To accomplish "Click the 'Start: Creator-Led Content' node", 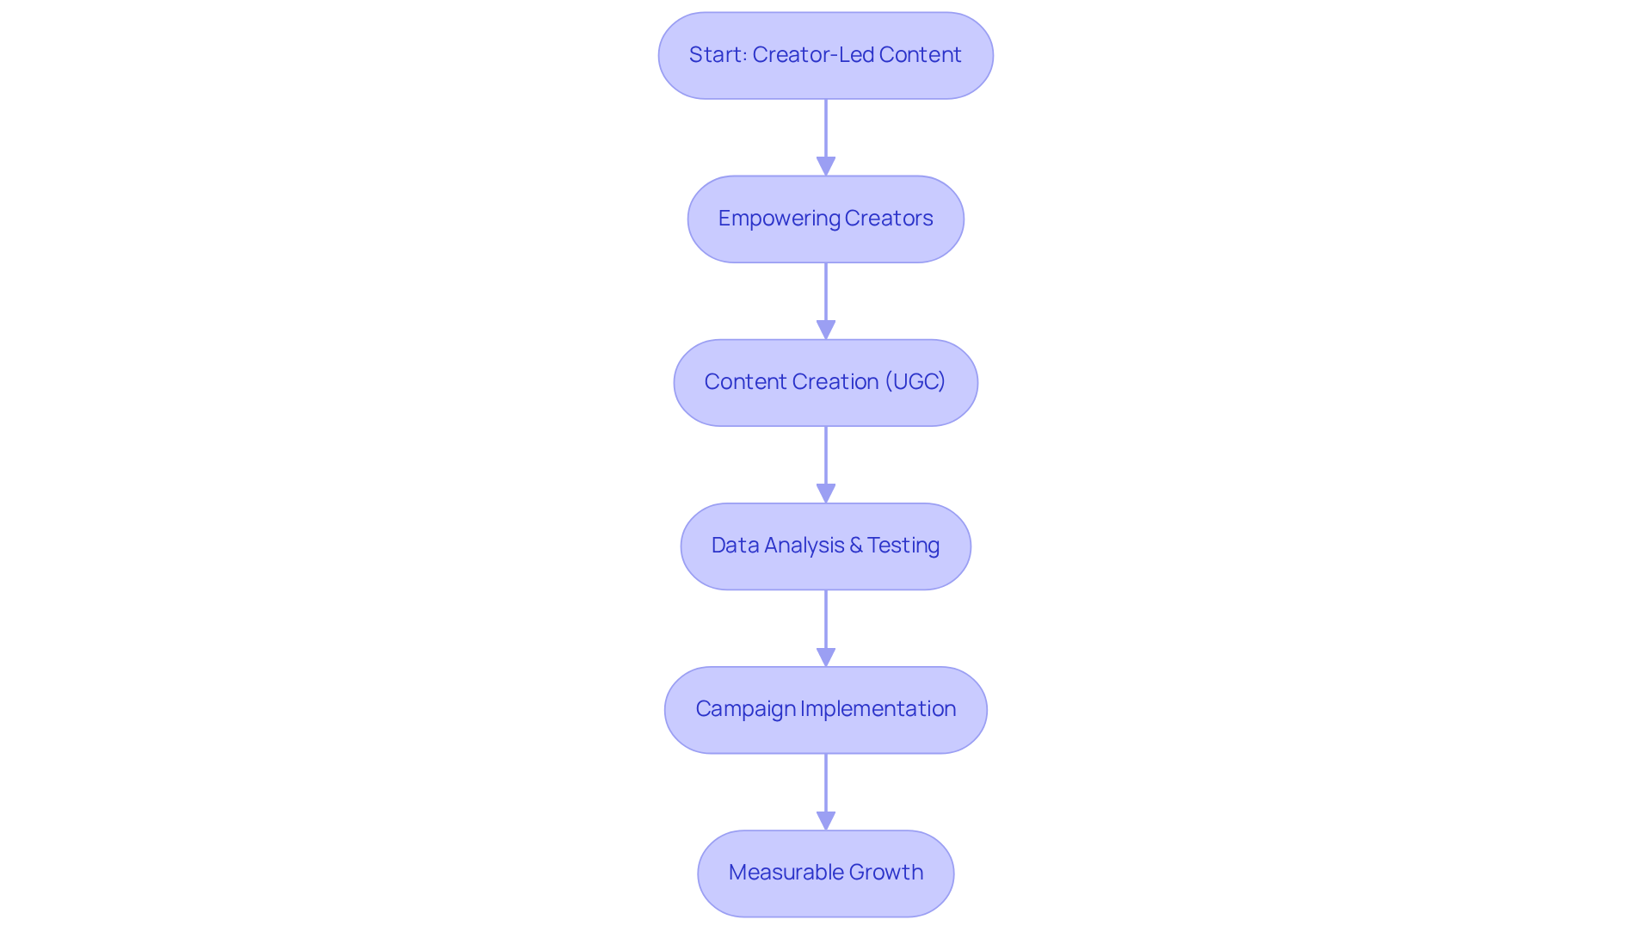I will [825, 55].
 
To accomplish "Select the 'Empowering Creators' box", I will [825, 219].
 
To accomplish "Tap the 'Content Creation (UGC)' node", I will [825, 382].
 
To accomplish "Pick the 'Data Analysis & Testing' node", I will [825, 546].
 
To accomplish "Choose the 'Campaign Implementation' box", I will [825, 709].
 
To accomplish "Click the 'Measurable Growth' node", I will [825, 873].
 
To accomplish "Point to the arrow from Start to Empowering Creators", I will [826, 133].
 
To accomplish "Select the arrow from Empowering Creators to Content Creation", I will [826, 297].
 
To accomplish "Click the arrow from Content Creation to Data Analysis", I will [826, 460].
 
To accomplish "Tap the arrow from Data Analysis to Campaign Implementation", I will [826, 624].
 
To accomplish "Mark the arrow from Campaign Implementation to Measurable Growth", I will [826, 787].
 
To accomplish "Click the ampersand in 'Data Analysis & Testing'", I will [855, 546].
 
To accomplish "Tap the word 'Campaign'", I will [745, 709].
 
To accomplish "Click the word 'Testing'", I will [903, 546].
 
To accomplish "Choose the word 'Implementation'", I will [878, 709].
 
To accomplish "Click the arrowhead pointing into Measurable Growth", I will [826, 821].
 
